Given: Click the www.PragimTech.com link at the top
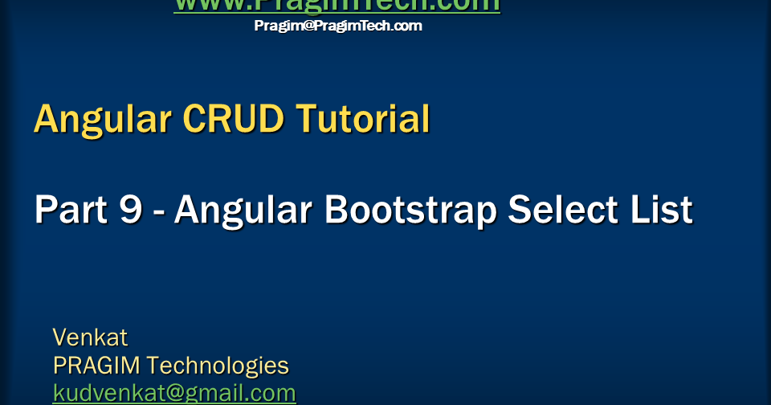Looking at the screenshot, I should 337,6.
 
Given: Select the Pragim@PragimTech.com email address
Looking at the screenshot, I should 338,26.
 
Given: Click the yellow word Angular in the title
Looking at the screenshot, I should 103,120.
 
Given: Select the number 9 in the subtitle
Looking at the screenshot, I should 131,211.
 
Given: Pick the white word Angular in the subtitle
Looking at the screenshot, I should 244,211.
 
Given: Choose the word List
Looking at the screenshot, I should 663,211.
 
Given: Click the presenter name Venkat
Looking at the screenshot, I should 90,337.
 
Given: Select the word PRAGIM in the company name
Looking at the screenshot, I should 96,366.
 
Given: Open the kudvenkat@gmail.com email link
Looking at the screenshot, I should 174,394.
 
